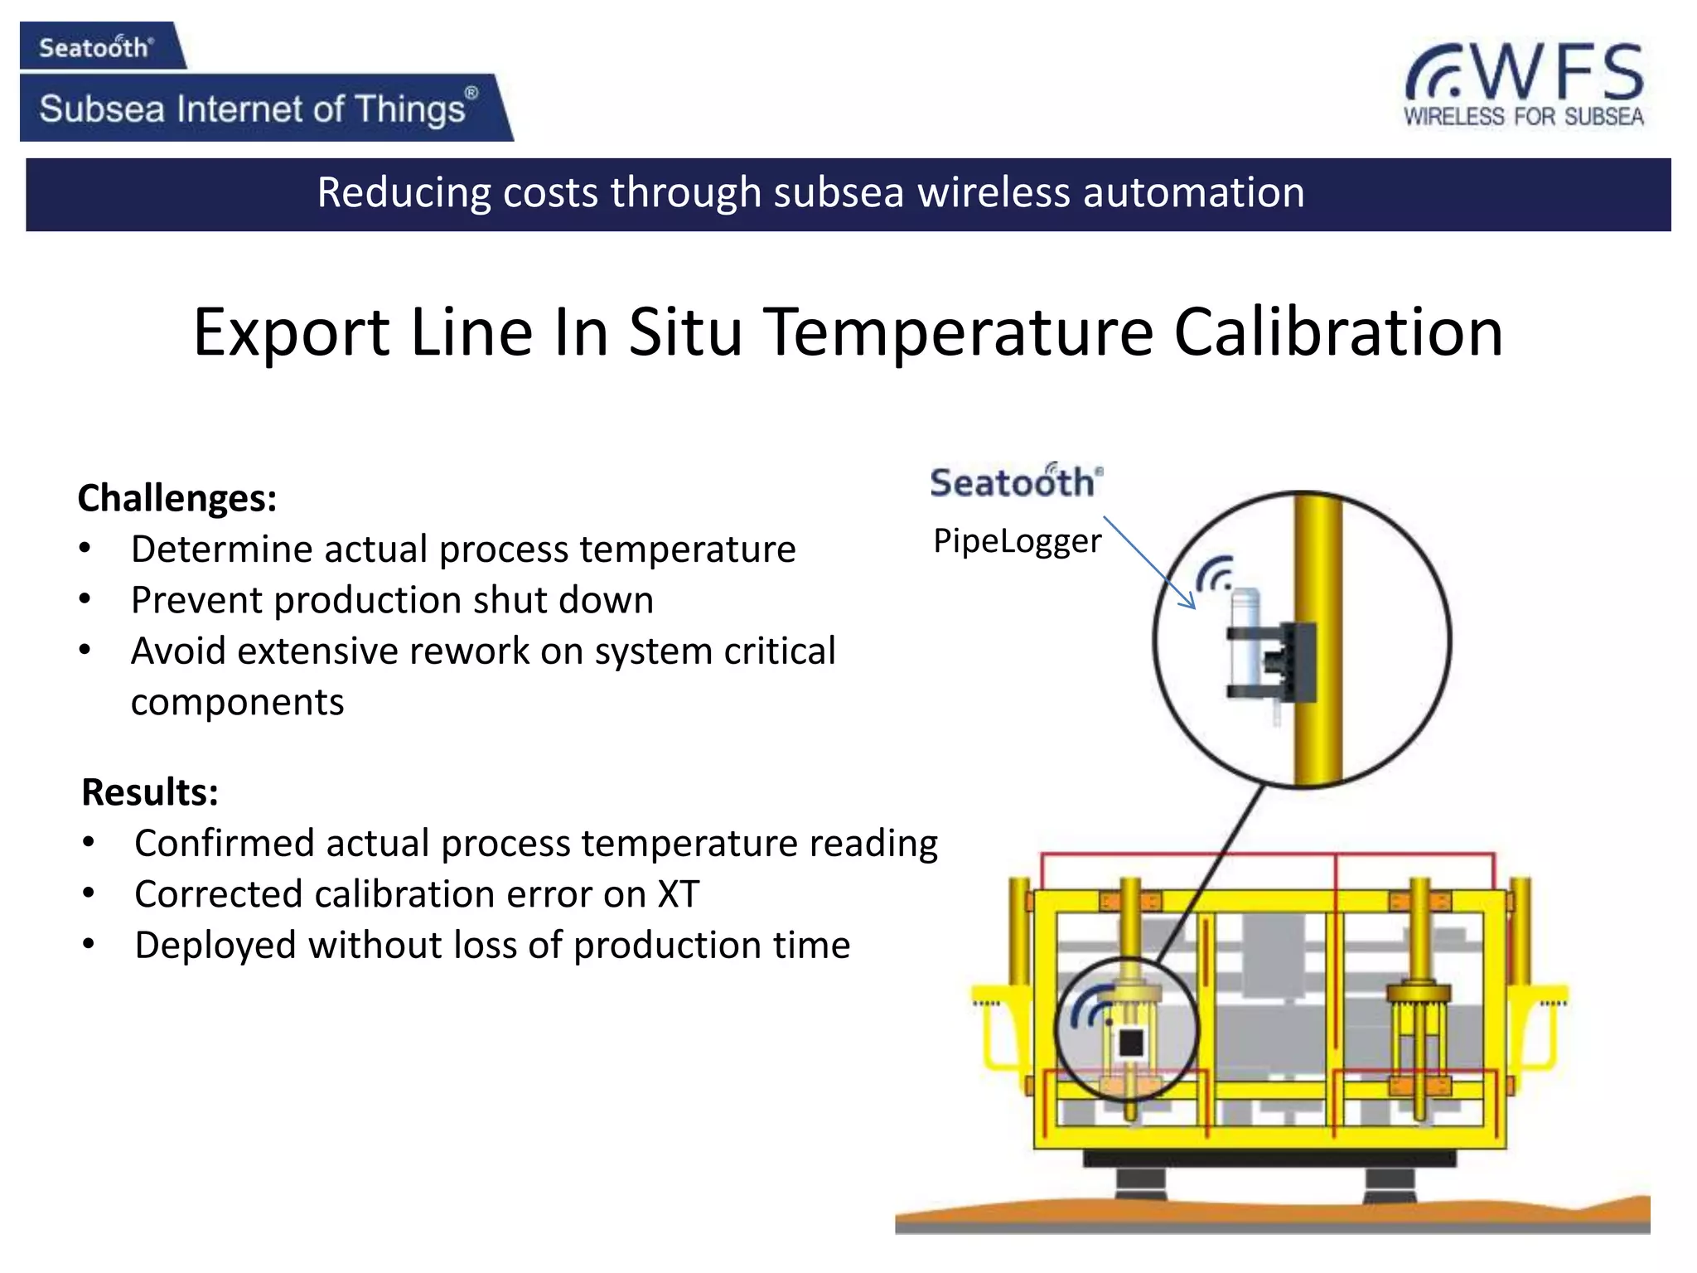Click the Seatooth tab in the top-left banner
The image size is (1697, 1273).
[x=96, y=47]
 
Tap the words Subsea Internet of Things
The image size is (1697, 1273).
[x=253, y=109]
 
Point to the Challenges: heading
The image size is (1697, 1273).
[x=176, y=499]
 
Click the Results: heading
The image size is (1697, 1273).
[x=150, y=792]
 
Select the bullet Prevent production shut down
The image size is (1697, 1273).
[x=392, y=600]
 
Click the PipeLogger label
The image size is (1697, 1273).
[x=1017, y=541]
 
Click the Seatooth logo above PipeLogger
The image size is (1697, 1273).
[x=1015, y=482]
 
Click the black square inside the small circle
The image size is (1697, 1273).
[x=1130, y=1043]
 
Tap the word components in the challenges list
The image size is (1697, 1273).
[x=237, y=703]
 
